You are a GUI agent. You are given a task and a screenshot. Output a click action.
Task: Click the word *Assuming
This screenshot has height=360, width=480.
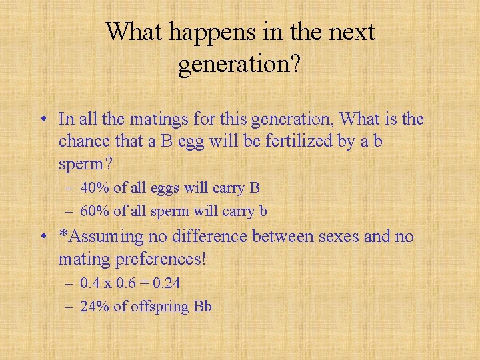(101, 237)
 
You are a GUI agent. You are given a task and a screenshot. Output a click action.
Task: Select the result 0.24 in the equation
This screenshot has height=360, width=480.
(167, 283)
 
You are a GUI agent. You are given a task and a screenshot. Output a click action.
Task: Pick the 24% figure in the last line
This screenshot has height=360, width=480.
(95, 307)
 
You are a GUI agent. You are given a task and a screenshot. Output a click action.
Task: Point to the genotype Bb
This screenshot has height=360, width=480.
(203, 307)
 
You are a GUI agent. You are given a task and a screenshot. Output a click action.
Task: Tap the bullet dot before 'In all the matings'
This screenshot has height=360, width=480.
(43, 120)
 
